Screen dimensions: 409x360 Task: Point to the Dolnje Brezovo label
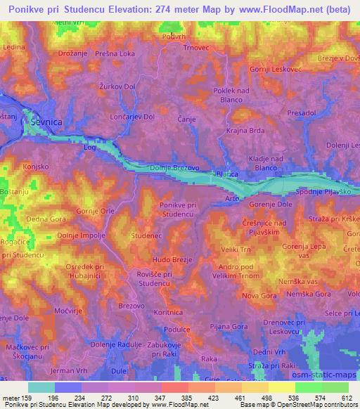coord(175,168)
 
